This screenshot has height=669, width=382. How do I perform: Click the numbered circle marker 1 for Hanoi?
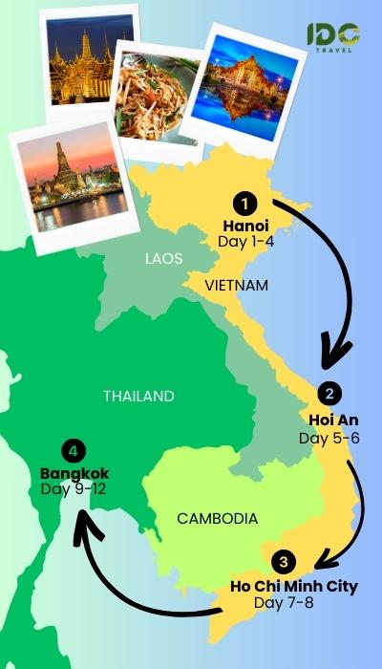[x=246, y=204]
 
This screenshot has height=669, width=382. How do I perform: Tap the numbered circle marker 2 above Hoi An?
[x=329, y=393]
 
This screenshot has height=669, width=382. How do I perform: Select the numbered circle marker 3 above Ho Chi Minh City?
[x=283, y=562]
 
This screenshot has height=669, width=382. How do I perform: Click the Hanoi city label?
[x=245, y=227]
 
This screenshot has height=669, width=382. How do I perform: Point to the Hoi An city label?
[x=329, y=419]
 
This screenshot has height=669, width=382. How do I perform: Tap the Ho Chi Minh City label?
[x=294, y=586]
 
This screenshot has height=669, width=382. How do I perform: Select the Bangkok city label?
[x=74, y=473]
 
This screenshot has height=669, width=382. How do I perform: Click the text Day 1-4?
[x=245, y=244]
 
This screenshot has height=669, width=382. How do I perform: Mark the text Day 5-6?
[x=328, y=437]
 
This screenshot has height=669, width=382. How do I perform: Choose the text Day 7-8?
[x=283, y=603]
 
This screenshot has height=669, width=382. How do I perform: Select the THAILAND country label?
[x=139, y=396]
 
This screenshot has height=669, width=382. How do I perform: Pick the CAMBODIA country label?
[x=218, y=519]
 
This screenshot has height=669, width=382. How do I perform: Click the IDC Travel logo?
[x=333, y=36]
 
